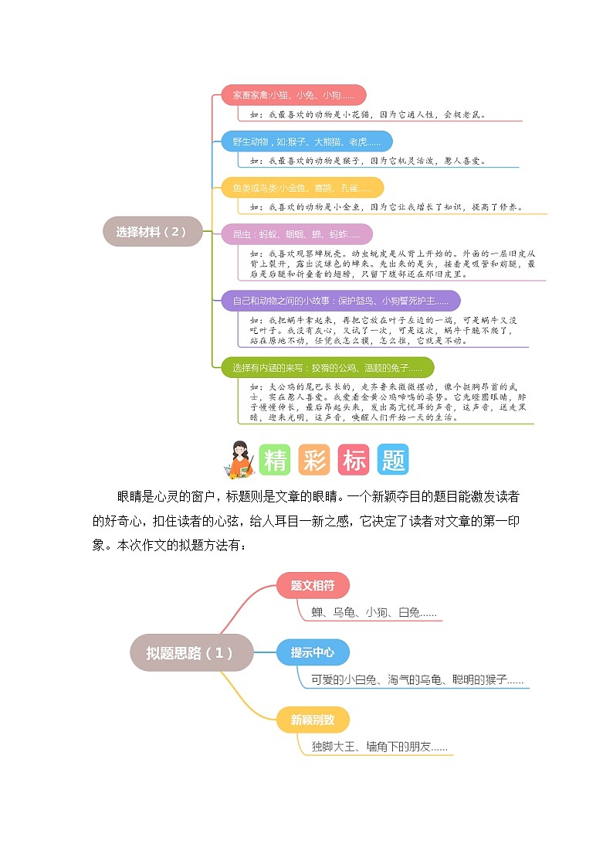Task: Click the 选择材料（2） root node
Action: (x=152, y=231)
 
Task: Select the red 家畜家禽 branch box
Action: (x=293, y=95)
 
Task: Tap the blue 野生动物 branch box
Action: (x=306, y=141)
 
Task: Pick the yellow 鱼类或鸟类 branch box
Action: (x=302, y=188)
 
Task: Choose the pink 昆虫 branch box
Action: (x=296, y=234)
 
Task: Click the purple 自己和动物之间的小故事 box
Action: (x=340, y=301)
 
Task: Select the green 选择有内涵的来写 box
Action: (x=327, y=367)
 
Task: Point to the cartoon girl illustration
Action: (x=239, y=459)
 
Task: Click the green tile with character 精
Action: (x=276, y=460)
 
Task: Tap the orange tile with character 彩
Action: (x=314, y=460)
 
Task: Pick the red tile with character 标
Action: (x=354, y=460)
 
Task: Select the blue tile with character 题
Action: (x=393, y=460)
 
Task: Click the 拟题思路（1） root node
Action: (x=190, y=652)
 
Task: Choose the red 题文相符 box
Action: (x=313, y=585)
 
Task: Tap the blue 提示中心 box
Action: (x=313, y=652)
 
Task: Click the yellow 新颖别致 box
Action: (x=313, y=720)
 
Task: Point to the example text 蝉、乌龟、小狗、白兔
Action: (x=374, y=612)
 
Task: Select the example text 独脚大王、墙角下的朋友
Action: (x=379, y=747)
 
